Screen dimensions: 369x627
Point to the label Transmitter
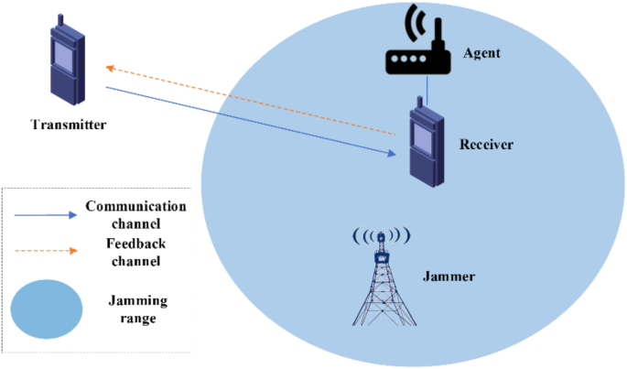point(68,125)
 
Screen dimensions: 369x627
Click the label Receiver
point(486,145)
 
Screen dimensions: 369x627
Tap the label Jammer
point(449,275)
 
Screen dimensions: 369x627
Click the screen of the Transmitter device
point(63,59)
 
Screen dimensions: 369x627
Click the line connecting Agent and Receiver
point(427,91)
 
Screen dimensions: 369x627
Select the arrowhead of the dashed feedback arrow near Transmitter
point(111,68)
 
